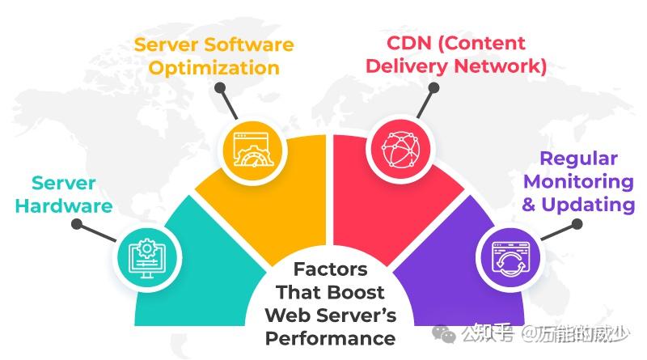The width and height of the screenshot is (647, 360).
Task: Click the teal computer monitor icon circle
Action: [x=147, y=259]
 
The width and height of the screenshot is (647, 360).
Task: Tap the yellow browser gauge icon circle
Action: [x=252, y=150]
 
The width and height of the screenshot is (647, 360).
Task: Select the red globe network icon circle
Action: [x=400, y=149]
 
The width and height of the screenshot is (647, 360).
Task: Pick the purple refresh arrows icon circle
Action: [x=510, y=258]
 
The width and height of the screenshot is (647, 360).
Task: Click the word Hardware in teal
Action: [x=64, y=205]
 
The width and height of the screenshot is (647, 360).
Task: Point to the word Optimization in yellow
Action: [x=214, y=68]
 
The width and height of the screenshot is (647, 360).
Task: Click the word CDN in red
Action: [x=409, y=43]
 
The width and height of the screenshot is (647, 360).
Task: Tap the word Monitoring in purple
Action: [x=578, y=182]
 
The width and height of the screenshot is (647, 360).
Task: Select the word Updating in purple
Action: [x=588, y=205]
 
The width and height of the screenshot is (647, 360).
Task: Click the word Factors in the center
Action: [x=330, y=269]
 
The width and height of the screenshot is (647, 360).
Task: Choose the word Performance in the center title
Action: [x=330, y=338]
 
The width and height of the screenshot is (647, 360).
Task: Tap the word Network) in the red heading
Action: [x=501, y=66]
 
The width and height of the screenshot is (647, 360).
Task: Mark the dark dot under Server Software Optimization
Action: [x=220, y=87]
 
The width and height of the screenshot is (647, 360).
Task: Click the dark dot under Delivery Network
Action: [x=433, y=88]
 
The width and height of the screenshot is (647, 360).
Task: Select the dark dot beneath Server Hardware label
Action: [x=77, y=224]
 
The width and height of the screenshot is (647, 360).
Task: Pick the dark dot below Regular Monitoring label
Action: [x=577, y=224]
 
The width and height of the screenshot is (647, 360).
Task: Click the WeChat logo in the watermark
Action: [x=443, y=334]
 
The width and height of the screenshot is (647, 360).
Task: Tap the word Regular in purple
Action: [x=578, y=159]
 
